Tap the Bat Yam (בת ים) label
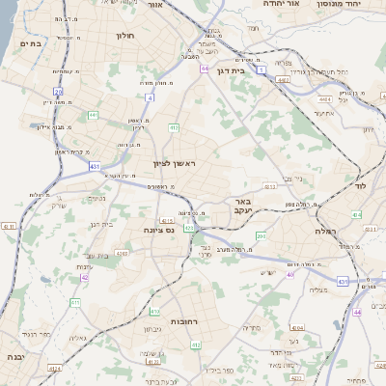pyautogui.click(x=31, y=44)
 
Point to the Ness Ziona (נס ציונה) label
pyautogui.click(x=156, y=229)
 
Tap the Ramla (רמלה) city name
pyautogui.click(x=324, y=232)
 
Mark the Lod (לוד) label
pyautogui.click(x=362, y=184)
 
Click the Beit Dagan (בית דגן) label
pyautogui.click(x=254, y=69)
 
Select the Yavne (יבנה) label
pyautogui.click(x=15, y=356)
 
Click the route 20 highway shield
pyautogui.click(x=58, y=93)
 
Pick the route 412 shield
pyautogui.click(x=174, y=126)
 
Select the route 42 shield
pyautogui.click(x=84, y=277)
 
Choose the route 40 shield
pyautogui.click(x=289, y=274)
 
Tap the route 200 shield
pyautogui.click(x=261, y=235)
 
